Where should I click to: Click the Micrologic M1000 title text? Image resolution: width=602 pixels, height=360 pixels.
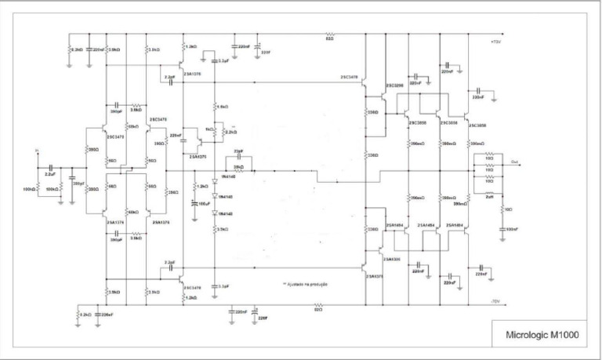coord(543,335)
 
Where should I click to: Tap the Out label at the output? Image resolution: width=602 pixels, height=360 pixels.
coord(514,162)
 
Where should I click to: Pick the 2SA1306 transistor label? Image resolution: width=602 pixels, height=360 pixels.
coord(392,258)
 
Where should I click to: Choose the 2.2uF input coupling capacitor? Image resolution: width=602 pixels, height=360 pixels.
coord(49,169)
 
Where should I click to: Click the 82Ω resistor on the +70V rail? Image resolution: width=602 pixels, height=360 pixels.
coord(330,35)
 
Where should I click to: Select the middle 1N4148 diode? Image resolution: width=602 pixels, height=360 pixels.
coord(215,196)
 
